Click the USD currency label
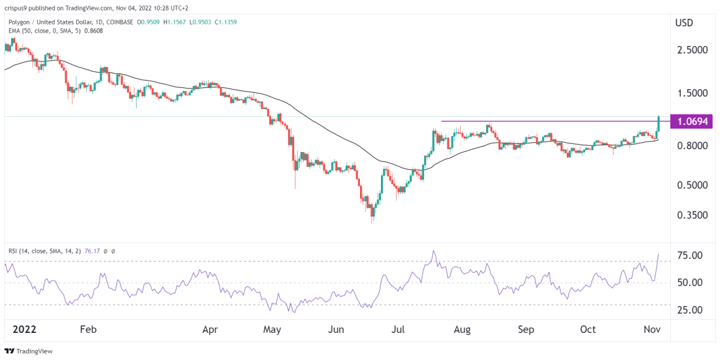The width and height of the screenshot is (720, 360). (x=684, y=23)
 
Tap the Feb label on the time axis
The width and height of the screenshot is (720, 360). (x=89, y=329)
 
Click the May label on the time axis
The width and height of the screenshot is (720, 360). (x=272, y=329)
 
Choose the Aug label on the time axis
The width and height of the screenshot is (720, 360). (x=462, y=329)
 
